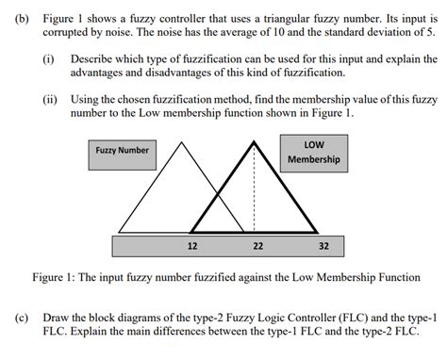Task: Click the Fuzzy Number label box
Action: (122, 151)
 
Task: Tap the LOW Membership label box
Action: (313, 152)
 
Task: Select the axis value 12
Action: (192, 246)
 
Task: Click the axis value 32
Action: (323, 246)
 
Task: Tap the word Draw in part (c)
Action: (58, 319)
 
